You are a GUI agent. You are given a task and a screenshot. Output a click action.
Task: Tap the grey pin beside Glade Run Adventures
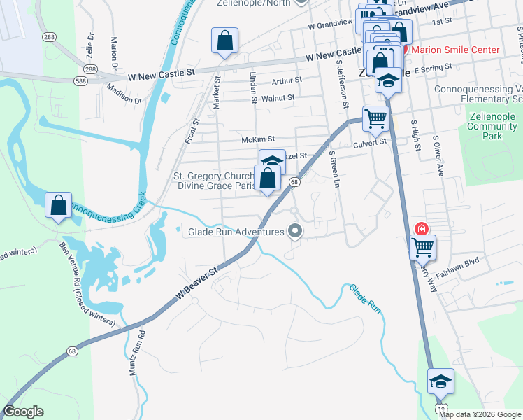coord(296,230)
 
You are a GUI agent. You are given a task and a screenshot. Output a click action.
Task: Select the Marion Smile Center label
coord(455,50)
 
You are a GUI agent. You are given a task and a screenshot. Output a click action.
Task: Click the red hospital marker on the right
coord(422,229)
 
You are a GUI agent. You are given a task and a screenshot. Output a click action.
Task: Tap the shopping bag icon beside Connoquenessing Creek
coord(59,206)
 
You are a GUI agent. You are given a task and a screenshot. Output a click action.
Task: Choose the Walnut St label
coord(277,98)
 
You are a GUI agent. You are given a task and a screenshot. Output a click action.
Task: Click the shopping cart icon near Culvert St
coord(375,119)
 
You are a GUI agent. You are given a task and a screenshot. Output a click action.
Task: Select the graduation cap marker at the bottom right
coord(441,381)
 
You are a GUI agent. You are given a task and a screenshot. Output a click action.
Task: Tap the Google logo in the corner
coord(24,412)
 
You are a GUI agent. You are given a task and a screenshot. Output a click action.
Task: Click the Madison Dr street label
coord(124,95)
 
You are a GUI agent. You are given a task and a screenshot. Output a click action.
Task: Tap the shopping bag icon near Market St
coord(224,41)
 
